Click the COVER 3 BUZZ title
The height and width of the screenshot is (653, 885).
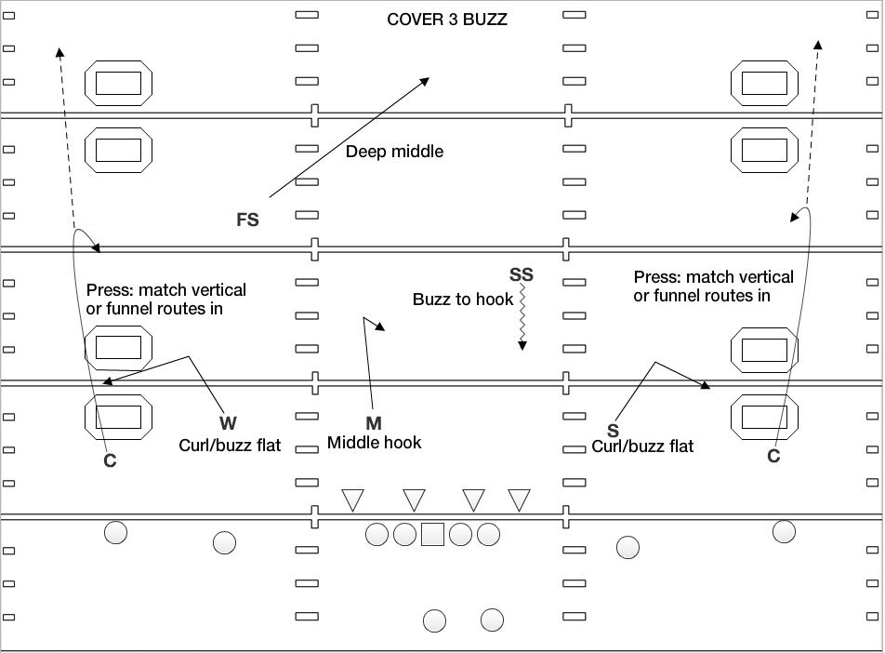447,19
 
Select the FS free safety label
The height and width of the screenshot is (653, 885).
247,220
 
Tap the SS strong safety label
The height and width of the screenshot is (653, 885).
522,274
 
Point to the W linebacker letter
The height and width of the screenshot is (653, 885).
229,423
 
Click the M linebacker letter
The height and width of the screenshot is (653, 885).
374,423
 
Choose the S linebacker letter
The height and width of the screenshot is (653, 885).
613,430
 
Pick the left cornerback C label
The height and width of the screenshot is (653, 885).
110,460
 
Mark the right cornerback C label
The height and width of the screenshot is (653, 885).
773,456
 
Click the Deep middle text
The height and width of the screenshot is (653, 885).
394,152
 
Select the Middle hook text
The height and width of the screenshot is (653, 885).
374,443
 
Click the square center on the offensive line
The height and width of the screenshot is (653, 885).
432,535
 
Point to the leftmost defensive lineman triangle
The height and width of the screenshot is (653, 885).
352,500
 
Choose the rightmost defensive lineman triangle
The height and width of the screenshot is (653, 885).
519,500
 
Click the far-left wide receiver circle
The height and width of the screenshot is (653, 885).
115,533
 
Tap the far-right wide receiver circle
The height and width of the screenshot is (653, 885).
784,531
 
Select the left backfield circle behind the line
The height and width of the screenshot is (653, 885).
434,620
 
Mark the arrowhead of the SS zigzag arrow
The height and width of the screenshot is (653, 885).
522,346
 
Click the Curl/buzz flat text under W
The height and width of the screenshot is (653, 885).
230,446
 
